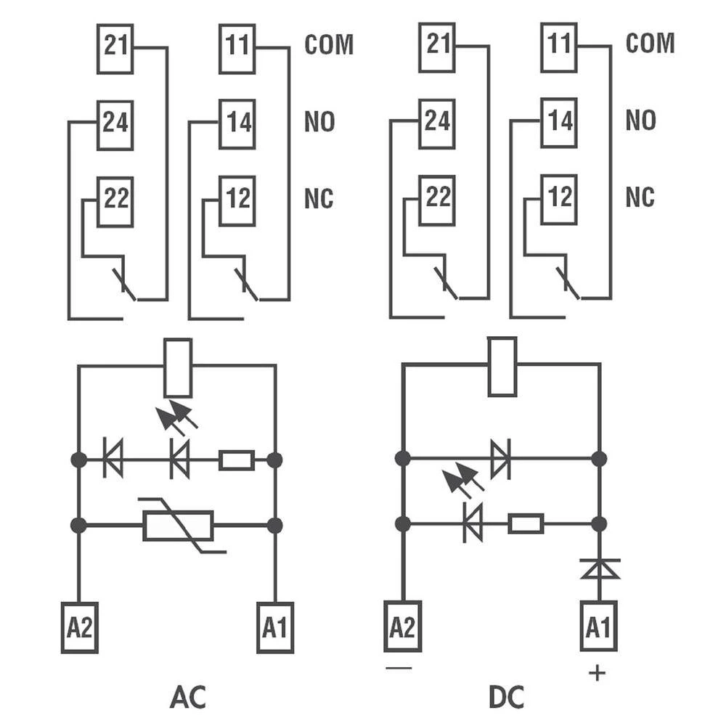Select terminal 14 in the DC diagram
(x=559, y=122)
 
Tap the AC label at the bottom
(x=188, y=696)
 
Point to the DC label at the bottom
(x=506, y=696)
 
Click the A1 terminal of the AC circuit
(x=275, y=627)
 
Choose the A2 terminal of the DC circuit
(x=402, y=627)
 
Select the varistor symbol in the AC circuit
(x=179, y=526)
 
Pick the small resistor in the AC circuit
(x=237, y=460)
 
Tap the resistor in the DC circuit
(x=526, y=523)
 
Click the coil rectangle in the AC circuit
(x=178, y=367)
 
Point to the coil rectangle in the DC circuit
(x=502, y=367)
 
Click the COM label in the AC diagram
(x=329, y=45)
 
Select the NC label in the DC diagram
(x=640, y=197)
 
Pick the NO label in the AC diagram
(x=319, y=122)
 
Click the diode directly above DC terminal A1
(x=599, y=568)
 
